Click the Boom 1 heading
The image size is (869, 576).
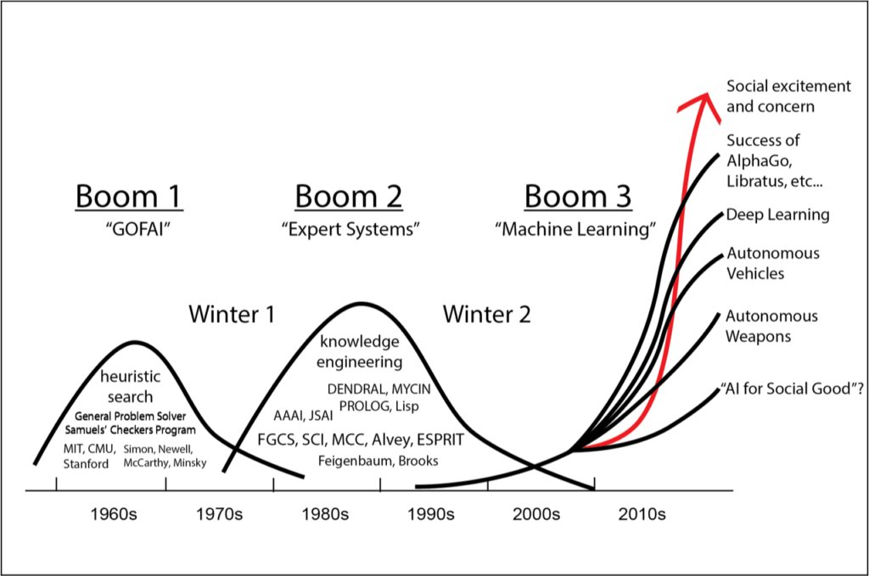coord(129,196)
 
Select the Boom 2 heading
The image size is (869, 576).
coord(349,196)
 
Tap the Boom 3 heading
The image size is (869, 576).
coord(578,196)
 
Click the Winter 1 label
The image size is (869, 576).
coord(231,315)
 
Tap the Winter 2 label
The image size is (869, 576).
coord(486,315)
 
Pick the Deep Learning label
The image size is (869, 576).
coord(777,215)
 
